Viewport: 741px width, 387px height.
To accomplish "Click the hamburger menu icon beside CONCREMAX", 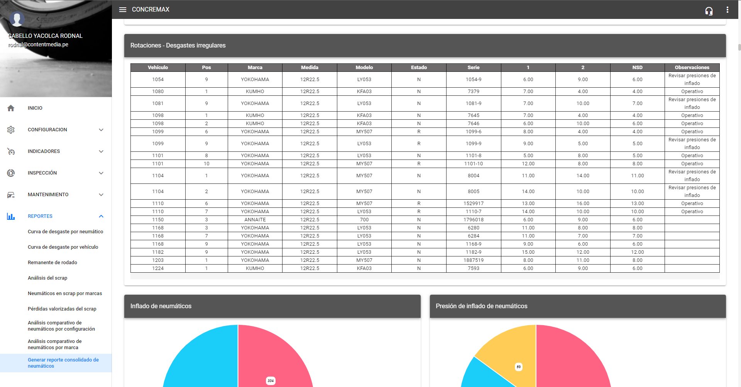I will click(x=123, y=10).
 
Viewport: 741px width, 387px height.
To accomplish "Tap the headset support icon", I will click(x=709, y=11).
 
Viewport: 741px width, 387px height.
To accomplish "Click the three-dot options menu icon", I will click(x=727, y=10).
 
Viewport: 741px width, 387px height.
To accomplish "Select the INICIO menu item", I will click(x=35, y=108).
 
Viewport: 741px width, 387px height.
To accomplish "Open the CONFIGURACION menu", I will click(x=47, y=130).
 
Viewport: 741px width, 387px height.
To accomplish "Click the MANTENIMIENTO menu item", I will click(x=48, y=195).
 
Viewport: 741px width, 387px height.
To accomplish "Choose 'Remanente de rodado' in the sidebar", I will click(x=52, y=263).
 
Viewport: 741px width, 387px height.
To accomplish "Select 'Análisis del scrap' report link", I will click(x=47, y=278).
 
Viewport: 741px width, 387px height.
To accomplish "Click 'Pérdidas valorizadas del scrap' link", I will click(x=62, y=309).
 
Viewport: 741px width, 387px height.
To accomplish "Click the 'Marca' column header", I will click(x=255, y=68).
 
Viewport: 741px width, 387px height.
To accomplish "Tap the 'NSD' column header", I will click(x=637, y=68).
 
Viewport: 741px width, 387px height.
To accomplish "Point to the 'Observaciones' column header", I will click(x=692, y=68).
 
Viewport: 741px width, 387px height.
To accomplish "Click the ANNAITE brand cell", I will click(x=255, y=220).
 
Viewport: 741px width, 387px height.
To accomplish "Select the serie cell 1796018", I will click(x=474, y=220).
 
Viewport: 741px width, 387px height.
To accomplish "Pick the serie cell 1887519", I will click(x=474, y=260).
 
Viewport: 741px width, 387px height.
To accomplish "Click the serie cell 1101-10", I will click(x=474, y=164).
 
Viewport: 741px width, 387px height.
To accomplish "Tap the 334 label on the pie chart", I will click(x=271, y=380).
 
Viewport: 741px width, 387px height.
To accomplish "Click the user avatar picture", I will click(x=17, y=19).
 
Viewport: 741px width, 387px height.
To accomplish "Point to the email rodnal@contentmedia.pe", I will click(x=39, y=44).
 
